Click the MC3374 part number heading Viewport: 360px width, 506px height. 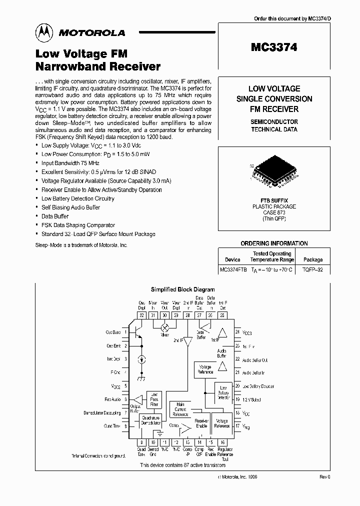274,47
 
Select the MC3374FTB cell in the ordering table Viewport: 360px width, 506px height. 233,269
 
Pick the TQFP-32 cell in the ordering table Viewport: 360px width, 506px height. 313,269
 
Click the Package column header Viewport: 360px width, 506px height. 313,259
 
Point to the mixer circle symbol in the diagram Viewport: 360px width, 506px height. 164,326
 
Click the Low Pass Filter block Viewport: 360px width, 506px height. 154,398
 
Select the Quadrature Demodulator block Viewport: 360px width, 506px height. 150,420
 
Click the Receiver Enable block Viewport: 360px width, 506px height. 201,423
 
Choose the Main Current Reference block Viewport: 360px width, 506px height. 180,409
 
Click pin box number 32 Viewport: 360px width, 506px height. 141,315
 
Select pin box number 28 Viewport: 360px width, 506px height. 187,315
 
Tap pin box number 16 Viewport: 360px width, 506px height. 222,442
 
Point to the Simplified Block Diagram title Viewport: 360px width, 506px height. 182,289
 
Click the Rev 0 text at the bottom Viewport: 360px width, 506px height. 324,477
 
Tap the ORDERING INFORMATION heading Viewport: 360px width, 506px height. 274,243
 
